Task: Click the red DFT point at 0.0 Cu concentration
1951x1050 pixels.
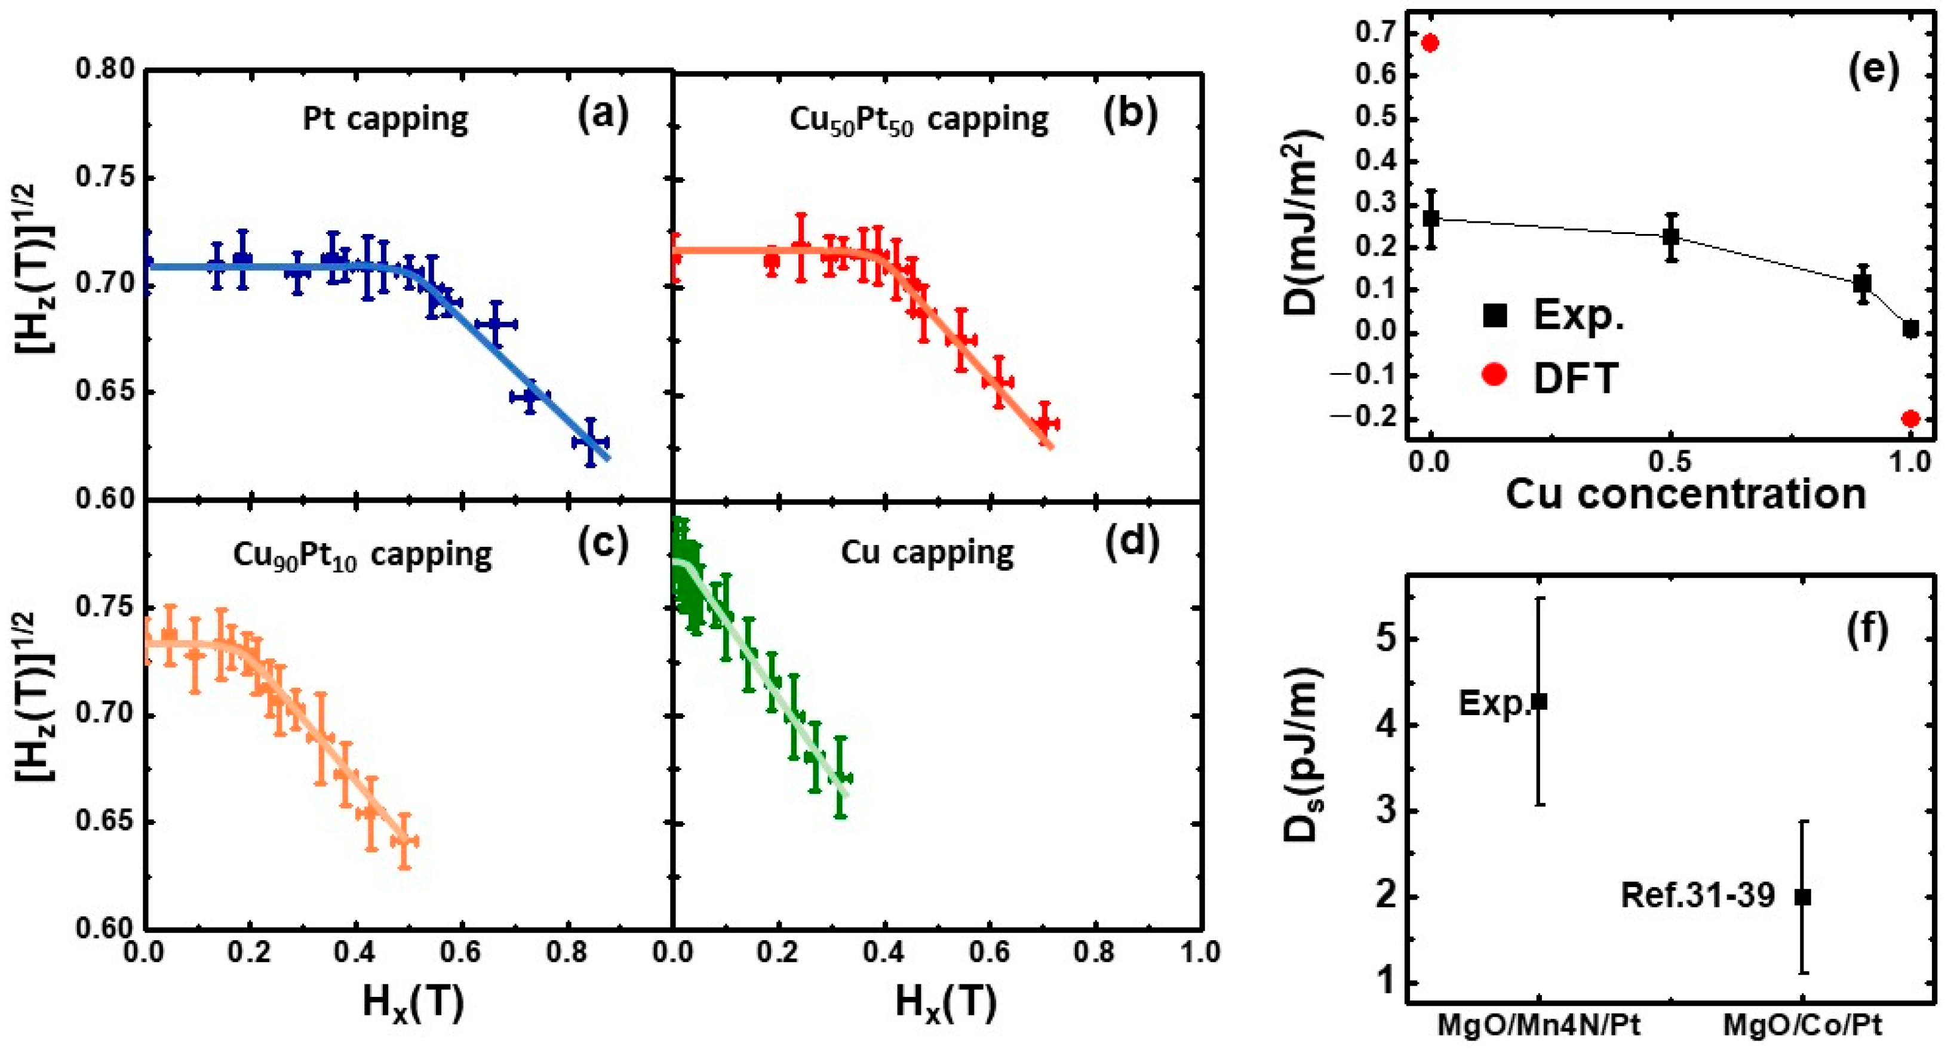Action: [x=1430, y=42]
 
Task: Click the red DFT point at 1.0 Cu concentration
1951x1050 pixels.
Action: [x=1910, y=418]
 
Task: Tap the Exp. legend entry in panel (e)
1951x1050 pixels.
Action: [x=1553, y=315]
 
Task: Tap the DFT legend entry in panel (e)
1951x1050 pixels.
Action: [x=1553, y=376]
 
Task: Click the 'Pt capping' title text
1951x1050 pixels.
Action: [x=386, y=119]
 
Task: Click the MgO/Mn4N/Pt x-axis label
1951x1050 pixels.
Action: [x=1539, y=1025]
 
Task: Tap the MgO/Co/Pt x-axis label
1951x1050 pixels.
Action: [x=1802, y=1025]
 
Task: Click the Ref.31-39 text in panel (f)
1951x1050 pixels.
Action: [x=1697, y=895]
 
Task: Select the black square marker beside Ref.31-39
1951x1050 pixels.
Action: [x=1803, y=897]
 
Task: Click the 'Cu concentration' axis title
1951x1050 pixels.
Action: [x=1685, y=494]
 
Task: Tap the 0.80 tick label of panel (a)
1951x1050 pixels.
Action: [x=105, y=69]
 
